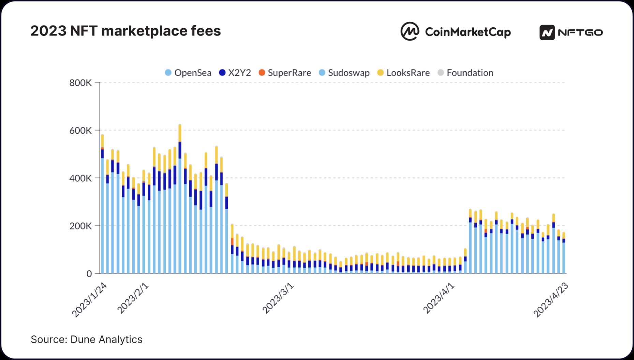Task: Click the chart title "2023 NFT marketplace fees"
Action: tap(126, 31)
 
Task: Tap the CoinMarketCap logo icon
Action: tap(410, 32)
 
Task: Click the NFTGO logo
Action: tap(571, 32)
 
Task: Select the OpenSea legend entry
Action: tap(188, 73)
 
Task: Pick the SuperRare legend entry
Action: tap(285, 73)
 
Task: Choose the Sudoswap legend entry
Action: tap(344, 73)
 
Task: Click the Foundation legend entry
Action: tap(466, 73)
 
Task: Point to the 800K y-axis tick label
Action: tap(80, 83)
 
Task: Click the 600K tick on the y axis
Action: tap(80, 131)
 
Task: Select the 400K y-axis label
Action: tap(80, 178)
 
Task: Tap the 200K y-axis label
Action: tap(80, 226)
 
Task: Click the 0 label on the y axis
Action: tap(89, 274)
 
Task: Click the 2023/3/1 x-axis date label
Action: tap(278, 298)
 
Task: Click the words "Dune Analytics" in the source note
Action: tap(106, 340)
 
